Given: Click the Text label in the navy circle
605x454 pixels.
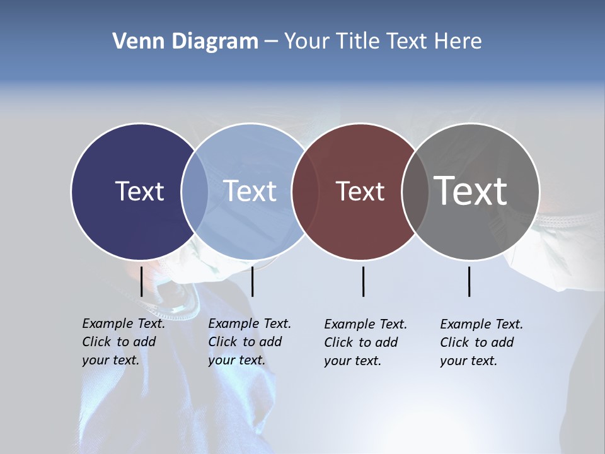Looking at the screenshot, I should tap(139, 191).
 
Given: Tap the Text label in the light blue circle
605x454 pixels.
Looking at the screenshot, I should tap(250, 191).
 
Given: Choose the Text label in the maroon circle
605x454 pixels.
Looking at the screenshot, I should tap(360, 191).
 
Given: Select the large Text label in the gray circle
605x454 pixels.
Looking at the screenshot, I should tap(471, 191).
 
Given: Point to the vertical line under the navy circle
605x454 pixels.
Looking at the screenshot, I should tap(141, 281).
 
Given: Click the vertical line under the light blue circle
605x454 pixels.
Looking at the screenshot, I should tap(252, 281).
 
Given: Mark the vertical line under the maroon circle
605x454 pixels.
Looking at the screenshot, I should tap(363, 281).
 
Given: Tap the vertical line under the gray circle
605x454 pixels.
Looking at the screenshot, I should tap(469, 281).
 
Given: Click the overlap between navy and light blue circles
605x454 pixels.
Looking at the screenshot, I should tap(195, 191).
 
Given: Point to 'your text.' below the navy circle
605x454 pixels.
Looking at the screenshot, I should tap(110, 360).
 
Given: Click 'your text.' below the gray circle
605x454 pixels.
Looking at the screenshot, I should tap(468, 361).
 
